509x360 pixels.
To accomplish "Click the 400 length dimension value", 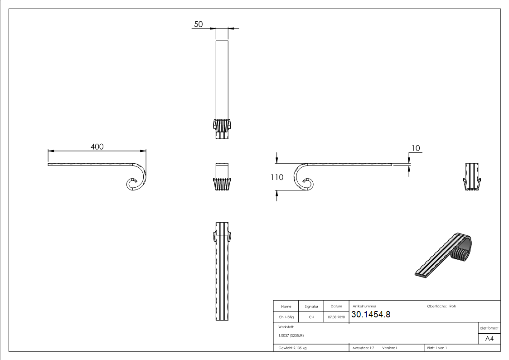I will [x=97, y=146].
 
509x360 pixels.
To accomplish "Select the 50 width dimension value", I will [x=199, y=24].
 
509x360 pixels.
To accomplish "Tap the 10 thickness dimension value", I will [x=416, y=148].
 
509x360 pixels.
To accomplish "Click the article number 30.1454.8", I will [x=371, y=315].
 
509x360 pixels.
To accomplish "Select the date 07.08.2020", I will [x=336, y=317].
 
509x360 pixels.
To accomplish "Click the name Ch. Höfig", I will [x=286, y=317].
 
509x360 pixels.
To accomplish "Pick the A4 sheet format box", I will [x=490, y=339].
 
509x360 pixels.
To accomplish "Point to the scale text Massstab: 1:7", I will [x=364, y=348].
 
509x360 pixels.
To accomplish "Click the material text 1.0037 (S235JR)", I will [x=291, y=336].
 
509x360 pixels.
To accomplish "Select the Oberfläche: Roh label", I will [x=441, y=306].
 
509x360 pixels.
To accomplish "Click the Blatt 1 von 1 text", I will [x=437, y=348].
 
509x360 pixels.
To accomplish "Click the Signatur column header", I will [x=311, y=307].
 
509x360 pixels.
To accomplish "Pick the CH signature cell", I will [x=311, y=317].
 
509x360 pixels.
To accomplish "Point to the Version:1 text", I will [x=389, y=348].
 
